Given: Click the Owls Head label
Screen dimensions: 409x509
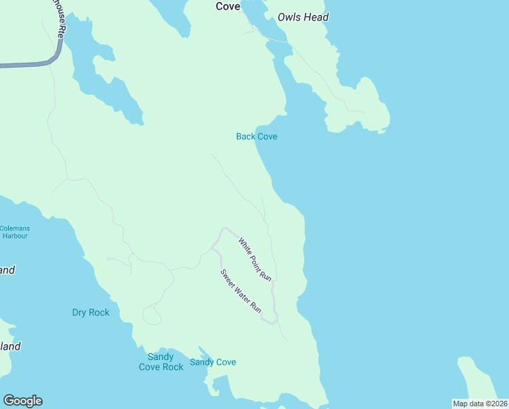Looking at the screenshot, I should pos(303,17).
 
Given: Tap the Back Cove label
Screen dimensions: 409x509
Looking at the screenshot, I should pos(257,136).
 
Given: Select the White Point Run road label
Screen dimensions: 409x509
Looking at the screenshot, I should pos(255,259).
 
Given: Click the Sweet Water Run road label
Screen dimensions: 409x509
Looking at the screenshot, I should pos(241,291).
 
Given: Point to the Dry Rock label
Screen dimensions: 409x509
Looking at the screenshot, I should pos(91,313).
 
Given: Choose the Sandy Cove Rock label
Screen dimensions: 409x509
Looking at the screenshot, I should pos(161,362).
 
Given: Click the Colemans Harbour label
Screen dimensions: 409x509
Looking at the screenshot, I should pos(14,232).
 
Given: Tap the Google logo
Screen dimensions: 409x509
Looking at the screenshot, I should pos(22,401).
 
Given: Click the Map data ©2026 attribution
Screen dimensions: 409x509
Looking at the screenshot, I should pos(480,404).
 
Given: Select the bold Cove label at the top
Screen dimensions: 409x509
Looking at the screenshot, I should pos(228,6).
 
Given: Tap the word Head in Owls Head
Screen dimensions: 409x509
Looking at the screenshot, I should pos(316,17).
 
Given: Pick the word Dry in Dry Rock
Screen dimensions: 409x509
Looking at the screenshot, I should pos(80,313).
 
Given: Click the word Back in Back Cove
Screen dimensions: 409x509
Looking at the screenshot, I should pos(246,136).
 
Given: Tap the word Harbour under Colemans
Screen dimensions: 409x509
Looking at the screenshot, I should pos(14,236).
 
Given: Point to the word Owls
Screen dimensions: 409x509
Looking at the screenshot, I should pos(289,17).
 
